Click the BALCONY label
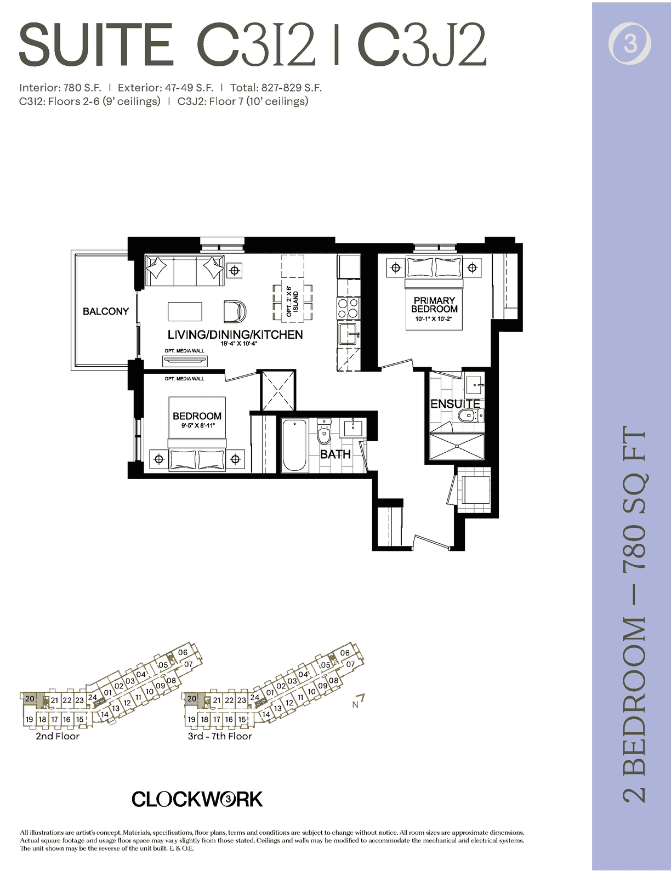105,311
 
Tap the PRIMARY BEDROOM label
434,304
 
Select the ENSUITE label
455,404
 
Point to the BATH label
336,454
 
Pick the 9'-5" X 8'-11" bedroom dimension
198,425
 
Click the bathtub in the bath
294,445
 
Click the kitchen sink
349,334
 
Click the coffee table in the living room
185,311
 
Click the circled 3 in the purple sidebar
629,43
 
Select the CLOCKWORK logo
197,799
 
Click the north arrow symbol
358,701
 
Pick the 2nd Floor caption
58,736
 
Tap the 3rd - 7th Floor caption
220,736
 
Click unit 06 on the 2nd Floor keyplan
183,652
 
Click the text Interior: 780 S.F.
60,88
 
